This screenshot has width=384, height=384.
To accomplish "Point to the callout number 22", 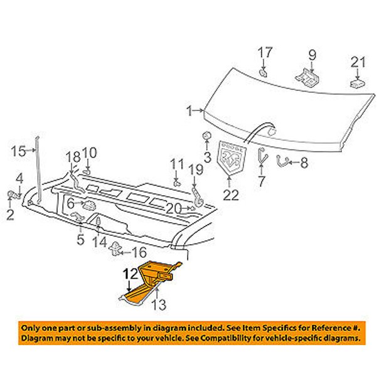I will point(231,195).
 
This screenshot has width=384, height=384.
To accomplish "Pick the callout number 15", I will point(19,150).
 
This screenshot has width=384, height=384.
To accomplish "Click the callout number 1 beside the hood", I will point(189,111).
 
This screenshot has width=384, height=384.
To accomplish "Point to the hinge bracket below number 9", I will point(307,75).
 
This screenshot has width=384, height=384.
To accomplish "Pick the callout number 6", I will point(71,204).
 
